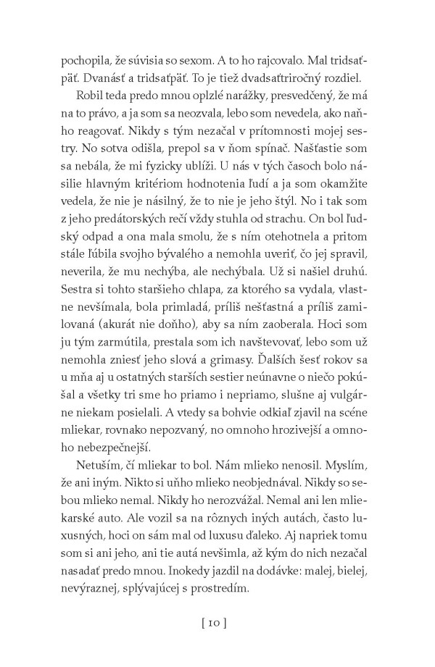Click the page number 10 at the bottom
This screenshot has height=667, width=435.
217,621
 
